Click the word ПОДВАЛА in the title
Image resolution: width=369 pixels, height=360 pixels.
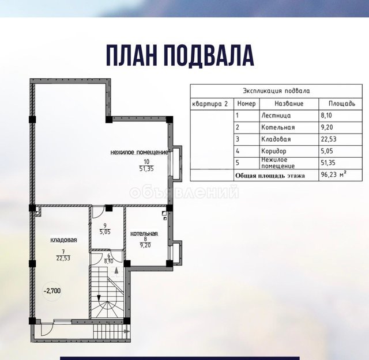tap(209, 55)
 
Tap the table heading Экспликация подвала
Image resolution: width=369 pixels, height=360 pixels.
tap(276, 91)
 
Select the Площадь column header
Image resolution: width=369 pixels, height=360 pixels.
tap(342, 104)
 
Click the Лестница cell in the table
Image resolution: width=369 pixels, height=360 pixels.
tap(276, 115)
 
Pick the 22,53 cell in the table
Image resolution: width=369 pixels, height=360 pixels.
tap(329, 139)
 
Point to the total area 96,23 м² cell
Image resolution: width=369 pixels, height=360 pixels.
tap(333, 175)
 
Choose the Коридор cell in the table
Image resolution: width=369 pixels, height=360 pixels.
tap(274, 151)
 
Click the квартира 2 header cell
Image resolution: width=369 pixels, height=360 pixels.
tap(210, 104)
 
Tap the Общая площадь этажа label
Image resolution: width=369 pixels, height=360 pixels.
tap(270, 176)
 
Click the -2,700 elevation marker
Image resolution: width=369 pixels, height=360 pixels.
tap(52, 291)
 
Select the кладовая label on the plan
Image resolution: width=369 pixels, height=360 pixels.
tap(63, 240)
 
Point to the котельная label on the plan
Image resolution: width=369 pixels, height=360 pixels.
tap(144, 233)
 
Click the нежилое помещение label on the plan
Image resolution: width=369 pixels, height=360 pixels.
tap(140, 153)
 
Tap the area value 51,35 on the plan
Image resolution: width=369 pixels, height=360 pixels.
tap(146, 169)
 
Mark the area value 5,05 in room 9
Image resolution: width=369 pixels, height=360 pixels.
tap(105, 232)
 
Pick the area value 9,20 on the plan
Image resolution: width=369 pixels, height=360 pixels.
tap(145, 245)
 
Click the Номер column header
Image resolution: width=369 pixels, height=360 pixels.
tap(246, 104)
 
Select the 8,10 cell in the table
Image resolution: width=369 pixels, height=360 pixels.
tap(327, 115)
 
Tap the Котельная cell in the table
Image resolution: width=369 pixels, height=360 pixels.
tap(278, 127)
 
